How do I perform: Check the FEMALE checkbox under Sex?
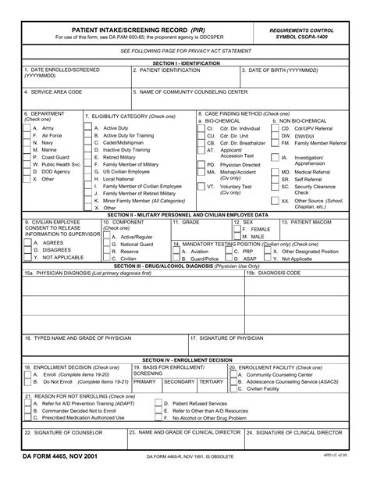[x=237, y=229]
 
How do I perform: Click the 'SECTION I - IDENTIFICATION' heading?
[x=185, y=62]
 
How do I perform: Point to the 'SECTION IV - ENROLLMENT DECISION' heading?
[x=185, y=359]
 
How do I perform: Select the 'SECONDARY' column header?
[x=179, y=381]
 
